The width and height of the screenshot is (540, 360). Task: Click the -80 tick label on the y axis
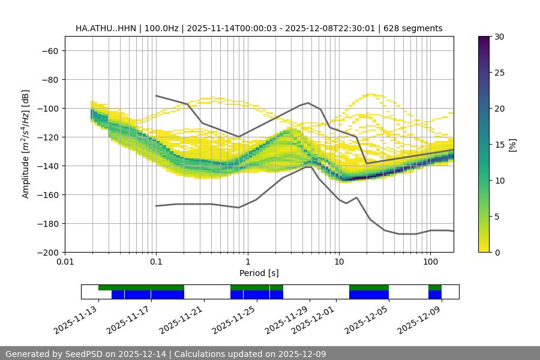coord(49,79)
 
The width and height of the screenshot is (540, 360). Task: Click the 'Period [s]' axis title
coord(259,273)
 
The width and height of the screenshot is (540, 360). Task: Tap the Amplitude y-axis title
coord(26,144)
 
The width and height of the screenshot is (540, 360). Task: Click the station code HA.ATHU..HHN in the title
coord(106,28)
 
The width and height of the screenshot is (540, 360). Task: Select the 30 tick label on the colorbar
coord(500,37)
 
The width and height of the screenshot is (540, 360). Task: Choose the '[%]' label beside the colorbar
coord(512,145)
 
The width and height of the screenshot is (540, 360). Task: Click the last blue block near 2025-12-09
coord(435,295)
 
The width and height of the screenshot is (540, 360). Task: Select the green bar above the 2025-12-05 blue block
coord(369,287)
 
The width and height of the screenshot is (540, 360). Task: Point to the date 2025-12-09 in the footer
coord(304,354)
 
